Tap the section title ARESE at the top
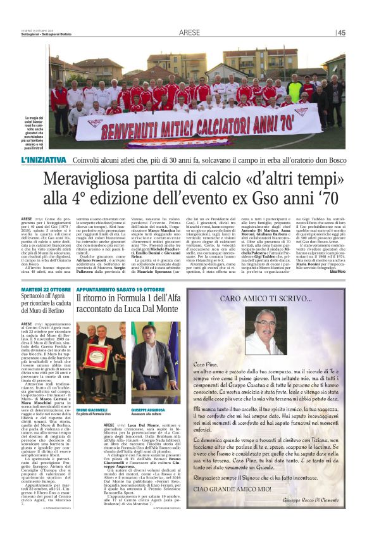coord(189,32)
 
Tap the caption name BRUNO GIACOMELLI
coord(92,394)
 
